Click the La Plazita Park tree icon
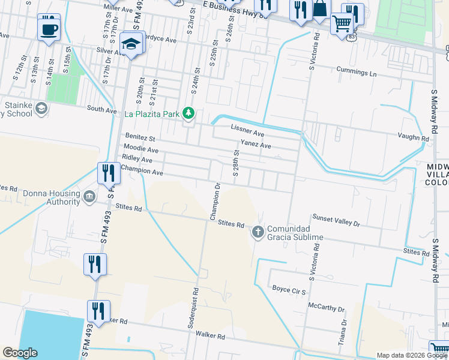pos(189,113)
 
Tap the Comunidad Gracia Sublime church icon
pos(258,231)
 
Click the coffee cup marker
pos(49,29)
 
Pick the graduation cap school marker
pos(130,44)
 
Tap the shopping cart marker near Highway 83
pos(342,23)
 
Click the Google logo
pos(20,353)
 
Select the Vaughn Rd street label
pos(417,137)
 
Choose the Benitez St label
pos(140,138)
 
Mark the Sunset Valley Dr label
pos(336,220)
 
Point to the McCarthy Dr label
pos(326,308)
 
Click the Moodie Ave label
pos(140,149)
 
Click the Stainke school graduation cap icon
pos(41,108)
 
